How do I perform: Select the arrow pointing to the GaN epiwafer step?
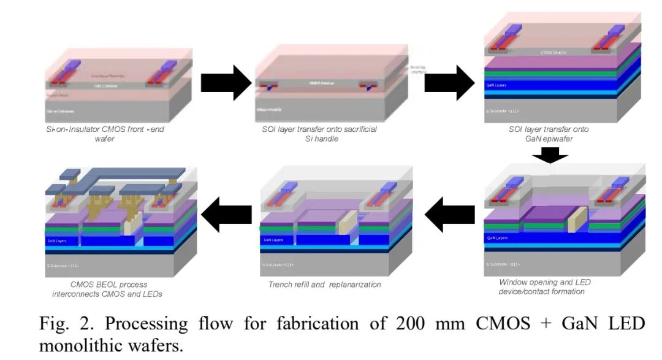coord(449,83)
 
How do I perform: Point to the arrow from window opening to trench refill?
coord(449,215)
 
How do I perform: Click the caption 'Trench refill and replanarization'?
coord(325,285)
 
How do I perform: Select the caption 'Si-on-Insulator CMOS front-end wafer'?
coord(105,134)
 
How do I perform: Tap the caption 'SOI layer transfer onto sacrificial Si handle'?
coord(324,134)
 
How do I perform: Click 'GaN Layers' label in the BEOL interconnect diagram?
coord(56,241)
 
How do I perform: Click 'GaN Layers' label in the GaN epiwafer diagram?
coord(496,85)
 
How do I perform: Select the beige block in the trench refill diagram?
coord(347,222)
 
